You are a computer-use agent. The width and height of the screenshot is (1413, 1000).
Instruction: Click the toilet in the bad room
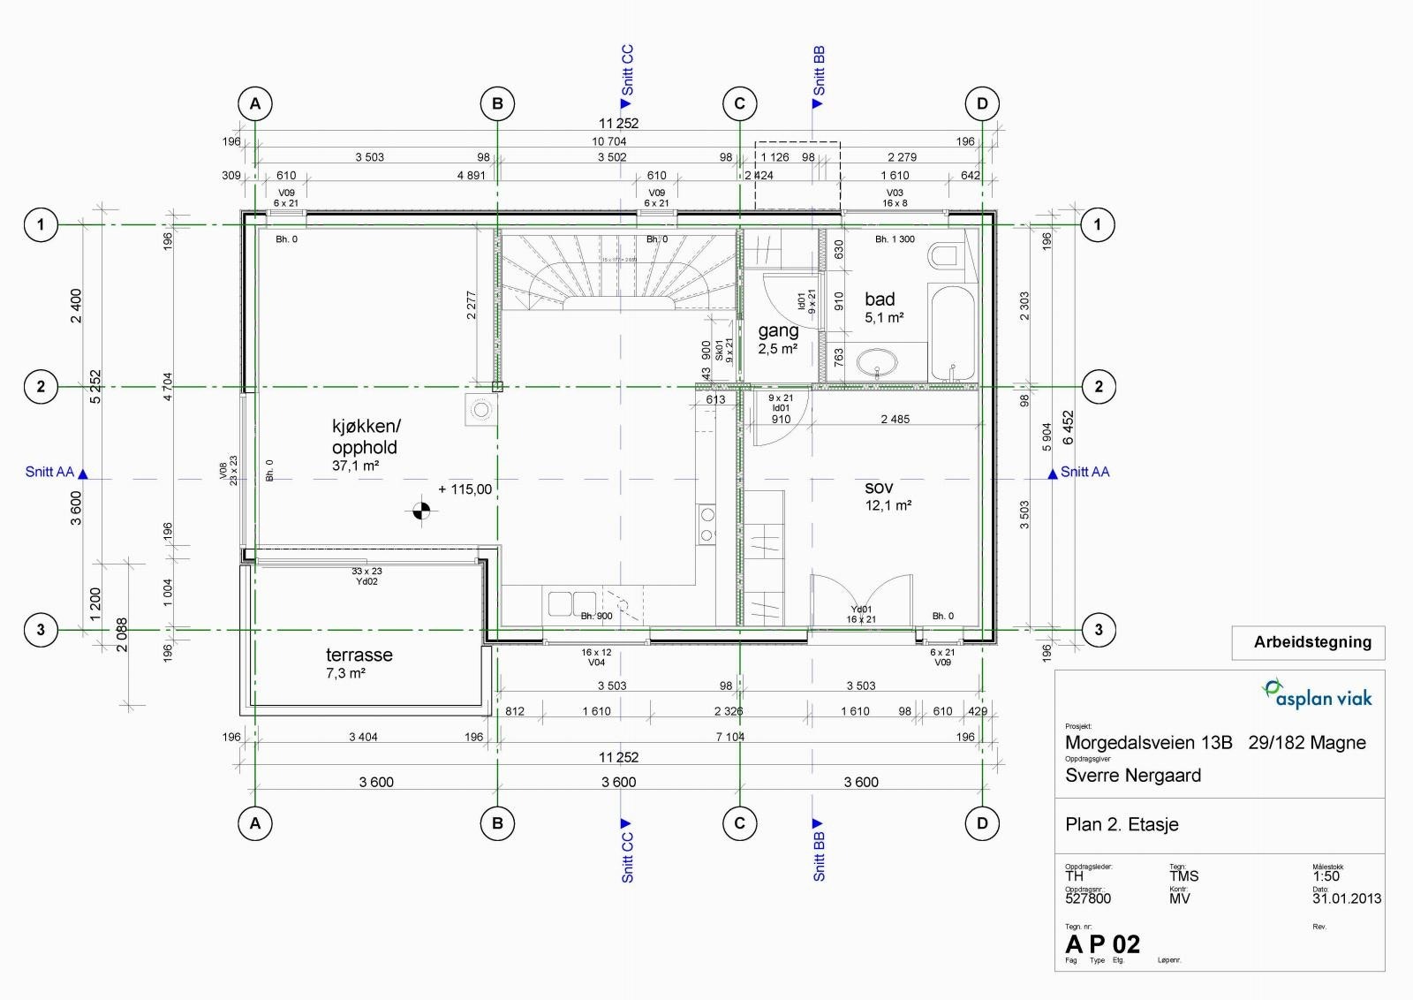(x=944, y=257)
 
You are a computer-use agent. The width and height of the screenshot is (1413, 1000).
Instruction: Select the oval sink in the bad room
(x=876, y=361)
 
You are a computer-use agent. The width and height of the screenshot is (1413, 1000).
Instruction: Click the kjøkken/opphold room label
(x=365, y=437)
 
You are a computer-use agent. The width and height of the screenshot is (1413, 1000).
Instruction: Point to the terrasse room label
(x=359, y=655)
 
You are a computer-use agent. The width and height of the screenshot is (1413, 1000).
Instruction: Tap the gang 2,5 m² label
(x=778, y=337)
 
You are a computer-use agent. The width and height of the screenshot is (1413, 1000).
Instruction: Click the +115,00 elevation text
(x=465, y=489)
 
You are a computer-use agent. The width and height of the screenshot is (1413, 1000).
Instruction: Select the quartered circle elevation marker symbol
(x=422, y=511)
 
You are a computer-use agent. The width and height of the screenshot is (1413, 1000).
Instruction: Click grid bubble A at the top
(x=255, y=103)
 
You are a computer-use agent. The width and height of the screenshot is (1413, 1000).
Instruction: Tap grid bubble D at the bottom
(x=982, y=823)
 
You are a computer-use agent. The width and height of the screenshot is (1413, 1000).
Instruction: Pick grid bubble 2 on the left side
(x=41, y=386)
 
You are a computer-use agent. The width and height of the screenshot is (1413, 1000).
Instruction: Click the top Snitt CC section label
(x=627, y=71)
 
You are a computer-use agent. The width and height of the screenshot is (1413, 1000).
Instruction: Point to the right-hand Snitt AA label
(x=1084, y=473)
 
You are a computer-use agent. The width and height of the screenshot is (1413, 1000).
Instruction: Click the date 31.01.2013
(x=1346, y=898)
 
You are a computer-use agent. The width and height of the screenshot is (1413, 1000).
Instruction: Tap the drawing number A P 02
(x=1102, y=944)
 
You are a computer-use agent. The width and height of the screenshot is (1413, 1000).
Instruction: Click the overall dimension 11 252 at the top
(x=618, y=124)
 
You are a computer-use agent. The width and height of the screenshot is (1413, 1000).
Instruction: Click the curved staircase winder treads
(x=617, y=269)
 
